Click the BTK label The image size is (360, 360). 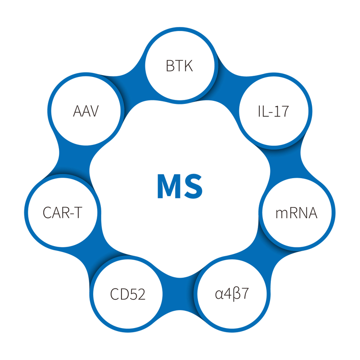pyautogui.click(x=179, y=67)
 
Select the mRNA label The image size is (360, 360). pyautogui.click(x=297, y=212)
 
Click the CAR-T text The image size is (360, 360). pyautogui.click(x=63, y=212)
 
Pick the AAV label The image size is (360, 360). pyautogui.click(x=85, y=111)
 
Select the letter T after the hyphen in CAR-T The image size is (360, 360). pyautogui.click(x=77, y=212)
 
